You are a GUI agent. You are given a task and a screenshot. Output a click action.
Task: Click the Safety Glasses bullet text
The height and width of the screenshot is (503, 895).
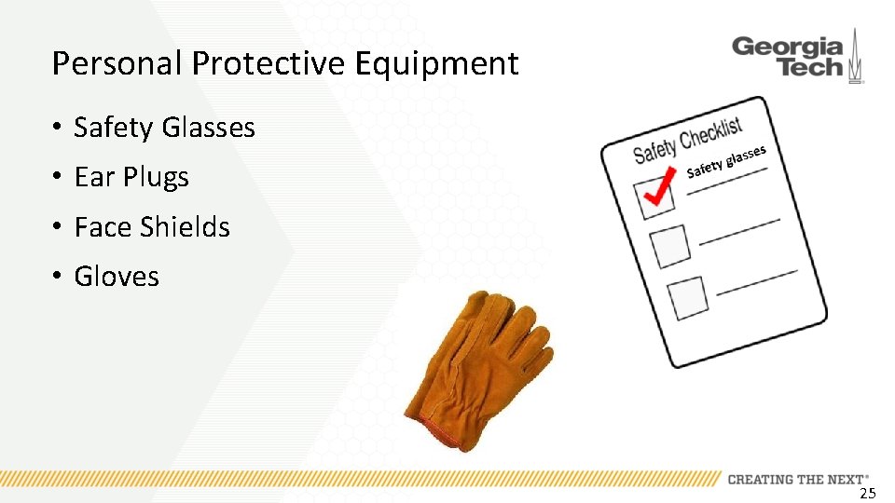coord(164,128)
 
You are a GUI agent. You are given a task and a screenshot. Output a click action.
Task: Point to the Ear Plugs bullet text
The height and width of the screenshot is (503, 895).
coord(131,177)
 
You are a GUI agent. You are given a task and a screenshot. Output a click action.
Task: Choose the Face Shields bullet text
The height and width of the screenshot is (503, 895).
coord(152,226)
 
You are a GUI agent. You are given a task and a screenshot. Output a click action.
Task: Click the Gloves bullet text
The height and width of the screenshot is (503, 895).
coord(117,277)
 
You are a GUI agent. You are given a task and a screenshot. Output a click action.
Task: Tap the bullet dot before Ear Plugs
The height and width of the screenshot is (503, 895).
coord(57,178)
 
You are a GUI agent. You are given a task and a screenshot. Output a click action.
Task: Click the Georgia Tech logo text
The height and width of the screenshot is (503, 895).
coord(787,57)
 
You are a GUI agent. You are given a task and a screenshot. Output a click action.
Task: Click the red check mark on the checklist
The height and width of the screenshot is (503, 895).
coord(659,190)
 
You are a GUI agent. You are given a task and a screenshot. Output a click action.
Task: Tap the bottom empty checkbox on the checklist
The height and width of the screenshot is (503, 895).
coord(687,297)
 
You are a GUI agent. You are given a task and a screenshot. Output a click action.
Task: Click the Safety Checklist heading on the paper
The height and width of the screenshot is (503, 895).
coord(687,139)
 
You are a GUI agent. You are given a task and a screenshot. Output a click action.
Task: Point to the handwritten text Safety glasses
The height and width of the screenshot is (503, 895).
coord(726,161)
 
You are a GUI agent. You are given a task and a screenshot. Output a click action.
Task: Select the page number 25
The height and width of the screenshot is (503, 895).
coord(867,493)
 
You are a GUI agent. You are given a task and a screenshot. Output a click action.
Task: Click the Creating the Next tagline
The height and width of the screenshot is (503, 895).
coord(797,479)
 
